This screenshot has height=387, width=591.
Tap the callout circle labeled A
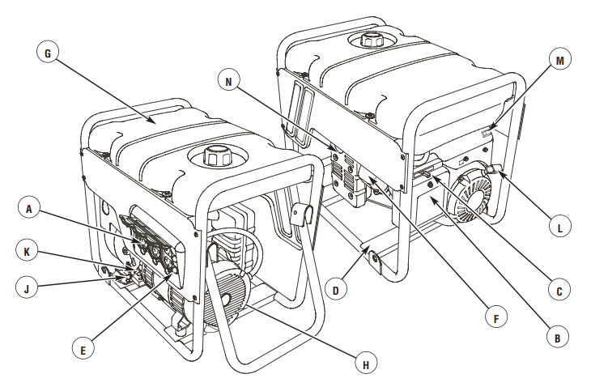pos(28,208)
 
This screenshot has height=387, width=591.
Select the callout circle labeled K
pos(28,251)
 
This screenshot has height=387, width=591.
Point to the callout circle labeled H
pos(366,364)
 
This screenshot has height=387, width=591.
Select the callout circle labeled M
pos(559,58)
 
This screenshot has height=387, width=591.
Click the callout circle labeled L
pos(559,228)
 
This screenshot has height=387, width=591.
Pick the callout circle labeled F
pos(500,317)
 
